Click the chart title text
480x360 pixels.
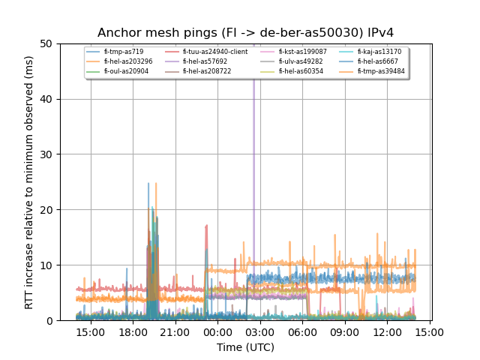coord(245,33)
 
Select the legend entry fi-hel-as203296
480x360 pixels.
coord(128,61)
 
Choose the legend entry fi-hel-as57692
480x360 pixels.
coord(205,61)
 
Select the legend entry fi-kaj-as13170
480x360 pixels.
coord(379,52)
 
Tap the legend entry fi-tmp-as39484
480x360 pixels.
coord(381,71)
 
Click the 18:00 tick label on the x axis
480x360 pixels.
coord(133,331)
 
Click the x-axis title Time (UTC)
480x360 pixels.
coord(245,347)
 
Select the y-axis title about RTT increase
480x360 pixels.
coord(29,182)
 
